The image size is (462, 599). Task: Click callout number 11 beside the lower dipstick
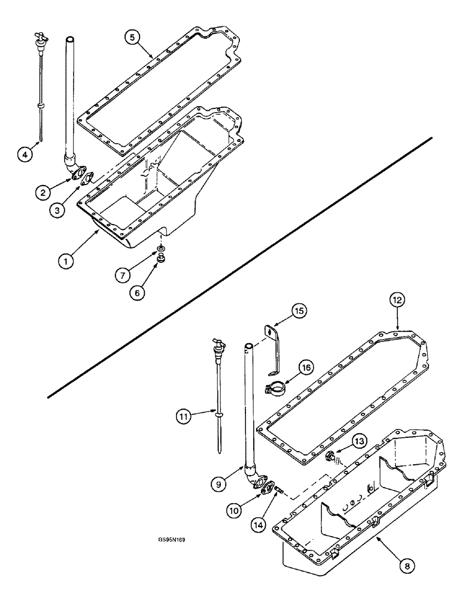coord(186,415)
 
